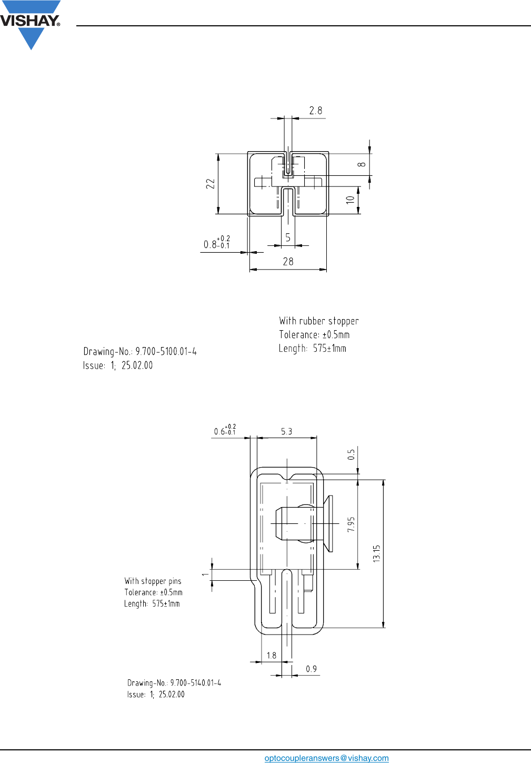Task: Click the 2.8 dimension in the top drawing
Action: point(315,111)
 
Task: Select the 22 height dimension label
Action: point(211,184)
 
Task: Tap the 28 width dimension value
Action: point(288,262)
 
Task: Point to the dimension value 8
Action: point(362,164)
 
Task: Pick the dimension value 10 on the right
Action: point(350,200)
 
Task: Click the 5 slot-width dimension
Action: point(288,238)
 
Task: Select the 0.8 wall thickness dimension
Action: point(216,243)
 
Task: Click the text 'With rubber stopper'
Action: point(318,321)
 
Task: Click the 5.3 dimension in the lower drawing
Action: point(286,432)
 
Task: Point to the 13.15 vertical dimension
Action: point(376,553)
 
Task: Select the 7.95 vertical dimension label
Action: point(351,524)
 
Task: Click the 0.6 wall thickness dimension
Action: point(225,430)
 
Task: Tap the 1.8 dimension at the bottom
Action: point(271,656)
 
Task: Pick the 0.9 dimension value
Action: point(311,669)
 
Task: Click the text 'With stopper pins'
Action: point(153,581)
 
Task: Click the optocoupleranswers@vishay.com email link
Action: point(326,758)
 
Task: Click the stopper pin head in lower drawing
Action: point(328,523)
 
